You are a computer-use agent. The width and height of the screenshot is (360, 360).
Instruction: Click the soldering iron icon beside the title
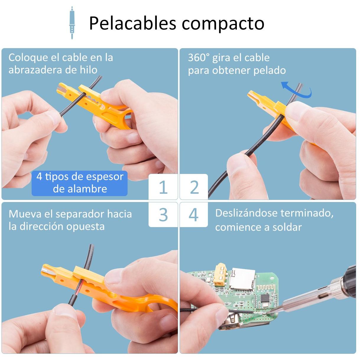click(72, 23)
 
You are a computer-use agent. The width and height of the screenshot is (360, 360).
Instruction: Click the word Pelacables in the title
click(133, 23)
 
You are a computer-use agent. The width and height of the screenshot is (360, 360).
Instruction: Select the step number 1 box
click(163, 187)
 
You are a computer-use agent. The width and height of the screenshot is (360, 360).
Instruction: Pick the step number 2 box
click(194, 187)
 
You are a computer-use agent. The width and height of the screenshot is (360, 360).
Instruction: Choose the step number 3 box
click(163, 215)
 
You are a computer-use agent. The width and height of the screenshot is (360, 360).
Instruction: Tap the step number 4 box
click(194, 215)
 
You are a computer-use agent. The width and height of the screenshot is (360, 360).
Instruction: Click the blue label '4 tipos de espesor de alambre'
click(80, 183)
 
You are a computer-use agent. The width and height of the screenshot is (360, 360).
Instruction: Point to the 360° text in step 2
click(199, 58)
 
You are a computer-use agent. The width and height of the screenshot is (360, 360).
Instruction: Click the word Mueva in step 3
click(25, 214)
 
